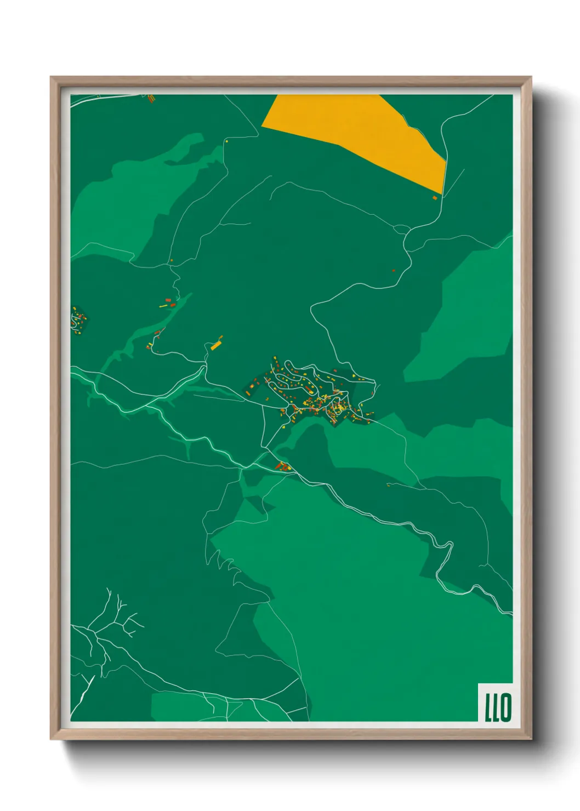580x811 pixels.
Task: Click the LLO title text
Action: (x=497, y=707)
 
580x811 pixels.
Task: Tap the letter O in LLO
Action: (x=505, y=707)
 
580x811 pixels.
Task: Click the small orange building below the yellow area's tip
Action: (x=435, y=197)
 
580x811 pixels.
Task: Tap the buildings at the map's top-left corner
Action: (x=151, y=98)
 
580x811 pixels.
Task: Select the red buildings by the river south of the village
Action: (x=282, y=466)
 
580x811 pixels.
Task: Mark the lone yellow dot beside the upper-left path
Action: (x=226, y=141)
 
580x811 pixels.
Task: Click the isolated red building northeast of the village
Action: (x=394, y=270)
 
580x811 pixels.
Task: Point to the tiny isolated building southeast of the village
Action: (x=388, y=484)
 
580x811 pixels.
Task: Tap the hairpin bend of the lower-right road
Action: (x=450, y=545)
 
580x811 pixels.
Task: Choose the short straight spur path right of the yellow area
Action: (x=454, y=183)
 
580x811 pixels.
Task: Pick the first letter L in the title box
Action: (x=488, y=707)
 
